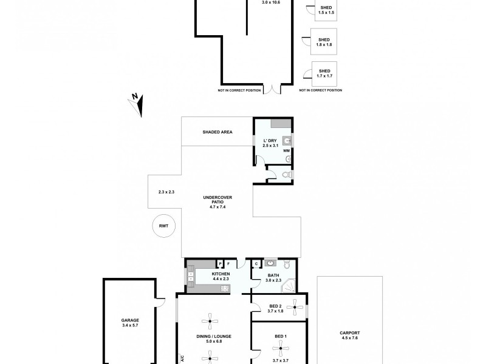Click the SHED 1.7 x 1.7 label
click(x=324, y=73)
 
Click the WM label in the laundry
click(x=286, y=150)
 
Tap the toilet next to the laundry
click(x=288, y=175)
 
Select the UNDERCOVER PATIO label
click(x=217, y=202)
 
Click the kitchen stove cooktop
click(x=225, y=288)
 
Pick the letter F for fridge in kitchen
click(x=228, y=264)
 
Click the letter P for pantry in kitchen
click(x=219, y=264)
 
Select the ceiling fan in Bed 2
click(x=295, y=308)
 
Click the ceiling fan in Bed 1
click(x=281, y=346)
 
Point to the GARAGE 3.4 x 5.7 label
click(x=130, y=322)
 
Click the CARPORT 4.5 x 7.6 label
click(x=350, y=335)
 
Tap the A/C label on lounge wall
click(x=180, y=357)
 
